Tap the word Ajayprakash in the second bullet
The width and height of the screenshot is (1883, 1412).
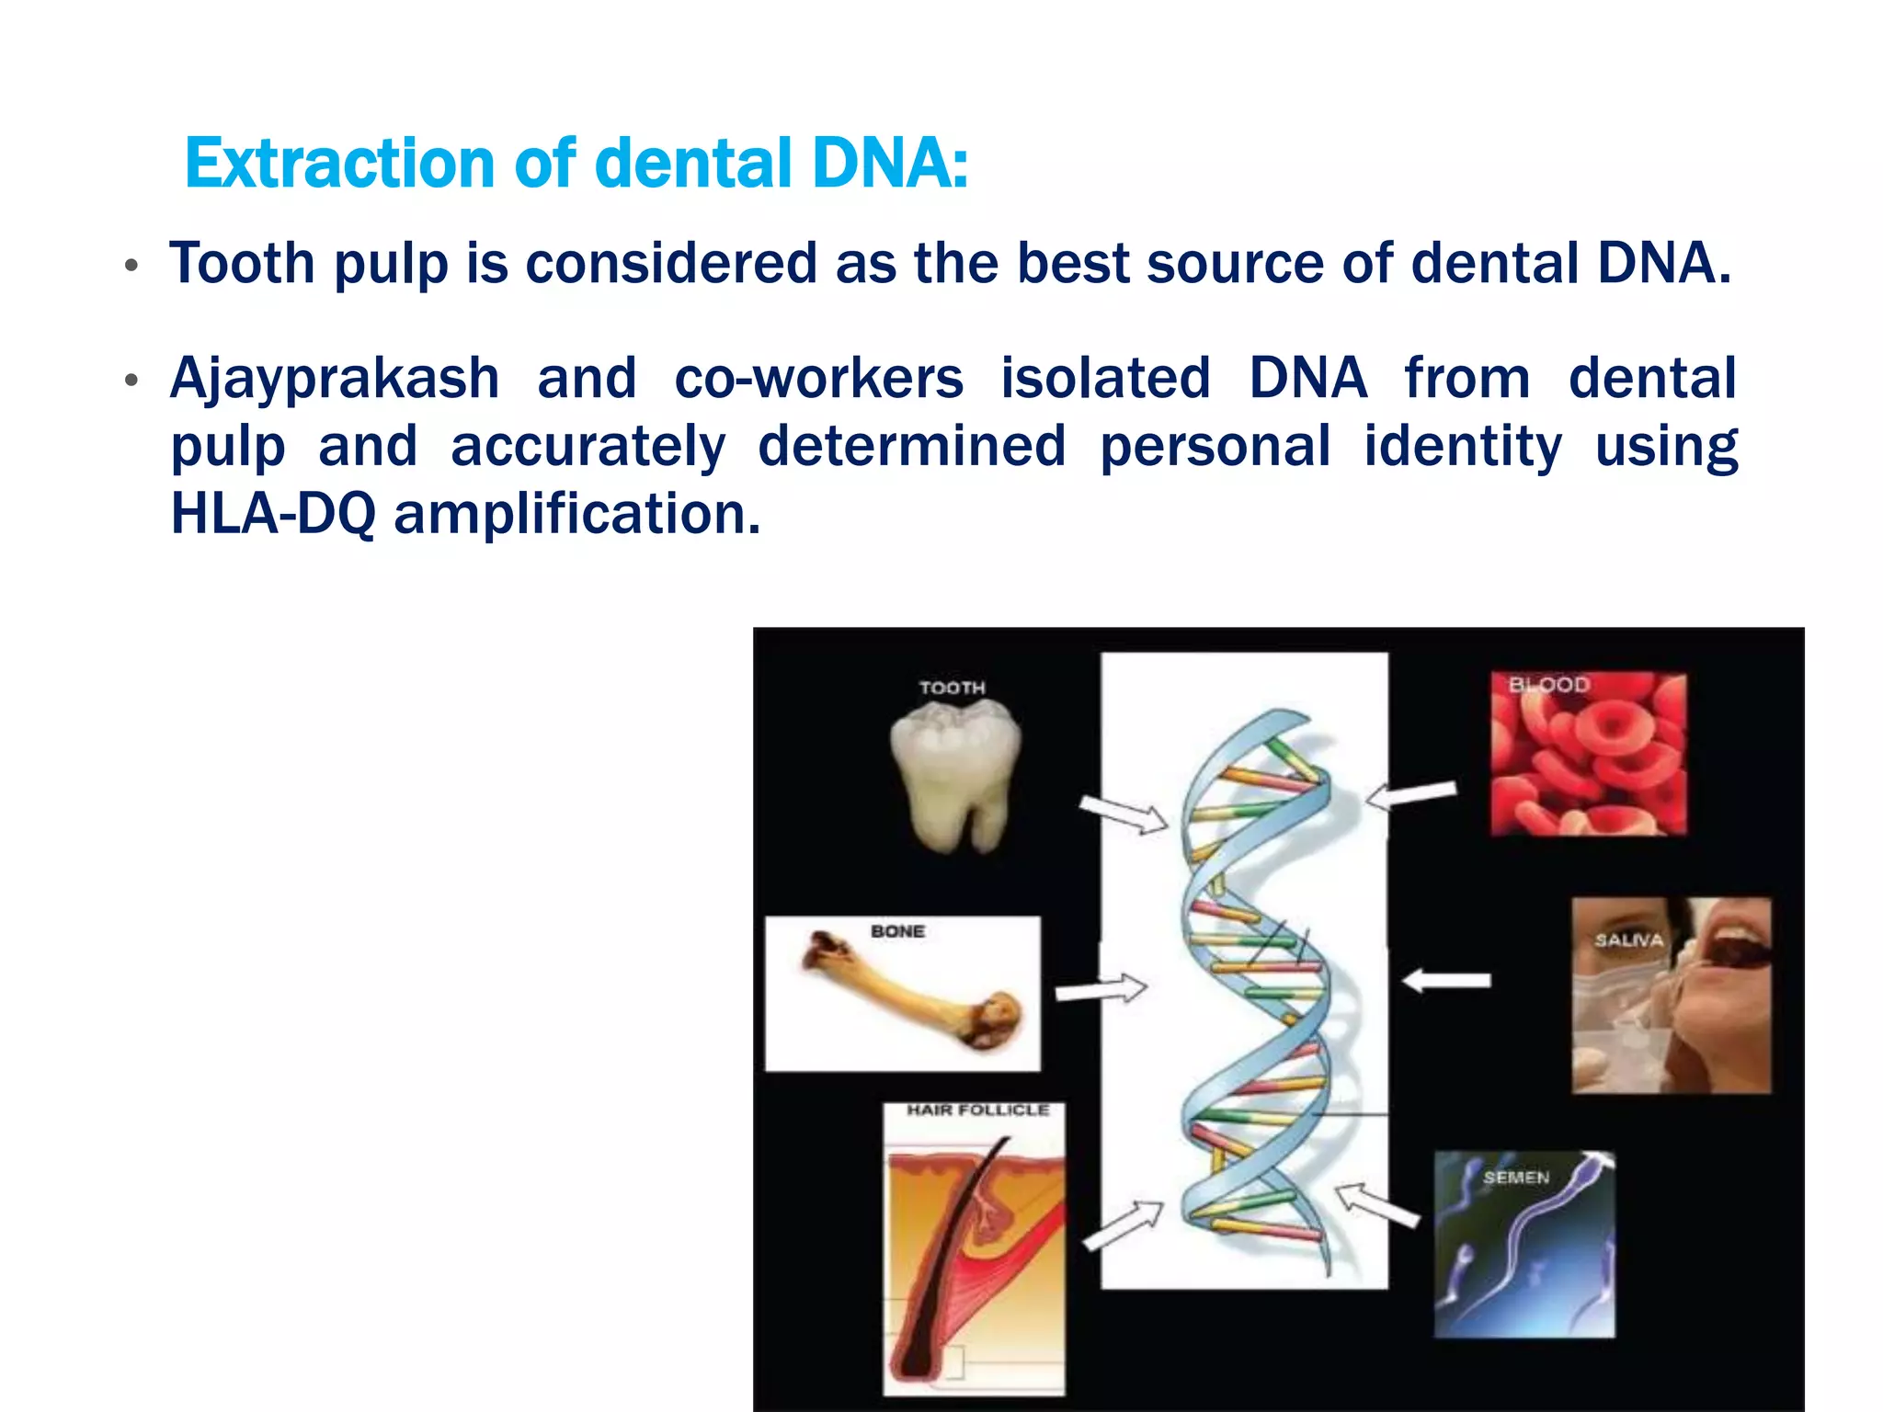tap(335, 379)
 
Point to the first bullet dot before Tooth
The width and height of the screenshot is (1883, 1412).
tap(131, 267)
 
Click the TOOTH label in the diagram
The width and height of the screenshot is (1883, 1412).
tap(952, 688)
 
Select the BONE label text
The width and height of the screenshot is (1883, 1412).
tap(897, 931)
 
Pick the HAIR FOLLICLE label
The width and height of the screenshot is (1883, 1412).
tap(977, 1110)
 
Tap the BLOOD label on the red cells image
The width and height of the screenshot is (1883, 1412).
tap(1549, 685)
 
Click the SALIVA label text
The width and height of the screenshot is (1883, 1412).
tap(1628, 940)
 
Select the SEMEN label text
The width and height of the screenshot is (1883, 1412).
tap(1516, 1178)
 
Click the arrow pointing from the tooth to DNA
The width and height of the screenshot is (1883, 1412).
tap(1123, 814)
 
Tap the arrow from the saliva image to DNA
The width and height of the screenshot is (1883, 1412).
tap(1446, 981)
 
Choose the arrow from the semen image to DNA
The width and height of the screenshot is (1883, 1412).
tap(1375, 1205)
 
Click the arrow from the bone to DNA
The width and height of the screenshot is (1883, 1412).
tap(1101, 990)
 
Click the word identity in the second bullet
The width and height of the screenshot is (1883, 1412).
tap(1462, 447)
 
